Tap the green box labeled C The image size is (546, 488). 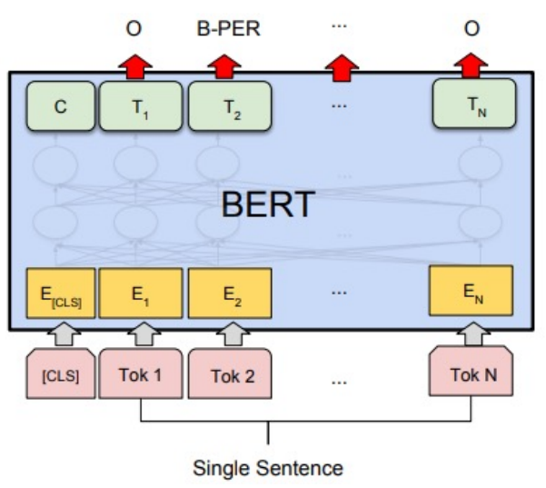(x=60, y=106)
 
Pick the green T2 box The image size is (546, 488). (x=229, y=106)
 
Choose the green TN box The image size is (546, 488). (x=472, y=106)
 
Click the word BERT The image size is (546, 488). (x=268, y=204)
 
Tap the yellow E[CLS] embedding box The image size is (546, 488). (x=60, y=294)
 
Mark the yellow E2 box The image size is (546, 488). (x=229, y=294)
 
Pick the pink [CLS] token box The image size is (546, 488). (x=60, y=373)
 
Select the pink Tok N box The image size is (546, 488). (x=472, y=373)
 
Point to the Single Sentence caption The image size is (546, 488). (x=268, y=469)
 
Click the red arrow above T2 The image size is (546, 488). (x=222, y=66)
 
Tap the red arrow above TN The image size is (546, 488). (x=470, y=65)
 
